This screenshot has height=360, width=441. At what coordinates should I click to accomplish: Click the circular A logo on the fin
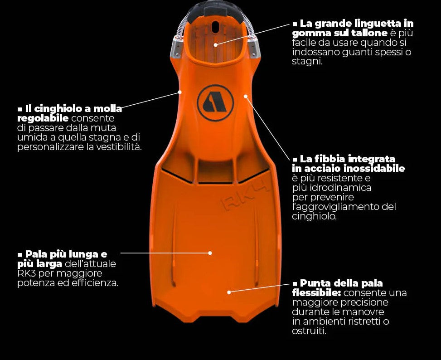point(215,103)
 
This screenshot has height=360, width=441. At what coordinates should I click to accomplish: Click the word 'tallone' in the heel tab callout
point(369,33)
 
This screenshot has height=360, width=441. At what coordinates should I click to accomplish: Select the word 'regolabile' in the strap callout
point(43,118)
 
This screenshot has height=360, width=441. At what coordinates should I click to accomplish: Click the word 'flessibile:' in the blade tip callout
point(314,293)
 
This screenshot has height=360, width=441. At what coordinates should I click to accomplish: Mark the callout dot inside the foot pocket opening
point(216,44)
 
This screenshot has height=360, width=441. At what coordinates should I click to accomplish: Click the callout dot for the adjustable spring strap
point(179,92)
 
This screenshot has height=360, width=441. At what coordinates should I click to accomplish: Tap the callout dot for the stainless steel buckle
point(245,96)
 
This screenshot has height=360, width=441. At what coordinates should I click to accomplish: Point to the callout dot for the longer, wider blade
point(210,253)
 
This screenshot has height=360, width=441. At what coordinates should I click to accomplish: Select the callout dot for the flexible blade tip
point(229,292)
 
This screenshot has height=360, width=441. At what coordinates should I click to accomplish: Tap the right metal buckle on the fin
point(252,47)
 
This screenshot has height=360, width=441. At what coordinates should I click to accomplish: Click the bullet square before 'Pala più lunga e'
point(19,254)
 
